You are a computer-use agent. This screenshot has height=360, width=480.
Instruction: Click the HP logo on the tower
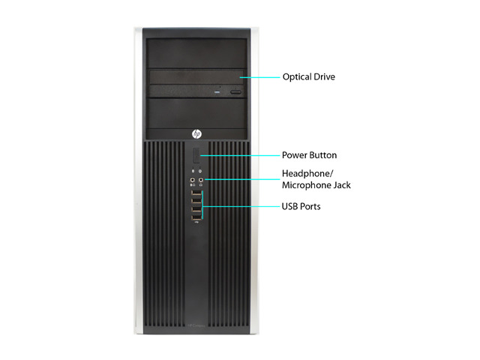(196, 134)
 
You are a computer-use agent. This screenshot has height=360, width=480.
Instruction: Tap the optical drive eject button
(235, 91)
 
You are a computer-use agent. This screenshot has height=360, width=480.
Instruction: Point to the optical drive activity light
(217, 91)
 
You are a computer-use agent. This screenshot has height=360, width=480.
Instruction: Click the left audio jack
(193, 180)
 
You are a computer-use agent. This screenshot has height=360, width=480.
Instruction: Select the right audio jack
(201, 180)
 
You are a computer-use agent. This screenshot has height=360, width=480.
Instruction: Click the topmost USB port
(196, 193)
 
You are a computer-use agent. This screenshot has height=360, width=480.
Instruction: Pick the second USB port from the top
(196, 201)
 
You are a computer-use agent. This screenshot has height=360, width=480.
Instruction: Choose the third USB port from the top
(196, 209)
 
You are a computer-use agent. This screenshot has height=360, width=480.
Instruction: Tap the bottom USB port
(196, 217)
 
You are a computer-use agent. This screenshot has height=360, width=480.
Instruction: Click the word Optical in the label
(295, 76)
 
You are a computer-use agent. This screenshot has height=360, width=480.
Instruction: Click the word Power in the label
(295, 155)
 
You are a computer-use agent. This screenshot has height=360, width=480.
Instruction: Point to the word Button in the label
(323, 155)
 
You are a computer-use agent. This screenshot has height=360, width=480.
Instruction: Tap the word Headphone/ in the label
(307, 173)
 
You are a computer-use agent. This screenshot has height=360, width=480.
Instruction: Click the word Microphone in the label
(307, 185)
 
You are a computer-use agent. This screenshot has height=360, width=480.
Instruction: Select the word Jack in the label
(342, 185)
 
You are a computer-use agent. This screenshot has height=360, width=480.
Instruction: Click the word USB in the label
(289, 206)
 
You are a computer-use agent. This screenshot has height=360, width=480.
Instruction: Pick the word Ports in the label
(310, 207)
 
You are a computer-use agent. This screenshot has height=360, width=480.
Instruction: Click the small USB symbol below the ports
(196, 223)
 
